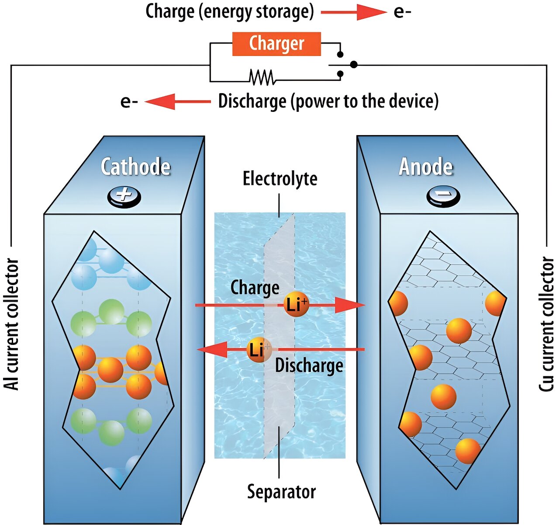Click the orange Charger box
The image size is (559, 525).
pos(276,44)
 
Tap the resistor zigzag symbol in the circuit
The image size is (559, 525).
pos(262,77)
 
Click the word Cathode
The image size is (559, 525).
pos(135,167)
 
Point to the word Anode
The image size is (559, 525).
pos(426,167)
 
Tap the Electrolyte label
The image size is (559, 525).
pos(280,179)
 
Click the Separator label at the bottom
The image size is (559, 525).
pos(281,491)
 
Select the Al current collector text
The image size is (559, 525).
pos(12,323)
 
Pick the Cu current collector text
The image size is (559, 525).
pos(546,323)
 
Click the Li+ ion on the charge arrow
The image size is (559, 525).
pos(297,304)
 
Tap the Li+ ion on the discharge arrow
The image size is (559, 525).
pos(259,350)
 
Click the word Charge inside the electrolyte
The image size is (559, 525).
pos(255,288)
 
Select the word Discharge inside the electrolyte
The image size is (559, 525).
pos(309,365)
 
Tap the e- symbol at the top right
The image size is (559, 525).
pos(402,12)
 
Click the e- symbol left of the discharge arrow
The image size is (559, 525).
pos(129,102)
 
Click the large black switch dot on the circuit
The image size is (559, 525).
pos(354,65)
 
